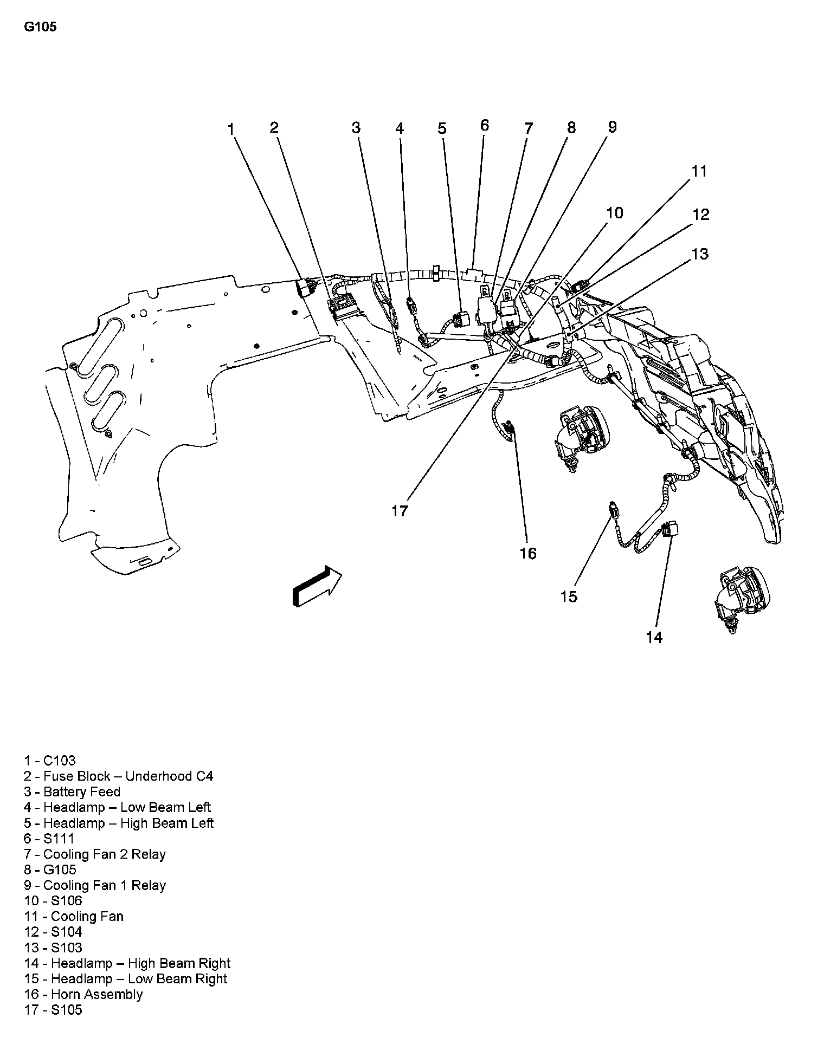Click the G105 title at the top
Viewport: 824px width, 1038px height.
pos(40,27)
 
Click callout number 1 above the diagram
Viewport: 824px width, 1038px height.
pos(231,129)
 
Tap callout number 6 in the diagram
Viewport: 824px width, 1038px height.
pos(484,125)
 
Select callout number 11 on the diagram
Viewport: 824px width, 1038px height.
pos(699,171)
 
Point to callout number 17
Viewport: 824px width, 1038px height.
pos(400,511)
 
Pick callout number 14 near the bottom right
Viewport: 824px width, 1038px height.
pos(654,638)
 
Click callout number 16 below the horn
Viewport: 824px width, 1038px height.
pos(528,553)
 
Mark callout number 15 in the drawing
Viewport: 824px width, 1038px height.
pos(569,596)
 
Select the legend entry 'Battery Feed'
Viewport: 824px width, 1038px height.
pos(72,792)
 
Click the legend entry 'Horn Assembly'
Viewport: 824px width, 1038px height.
pos(83,994)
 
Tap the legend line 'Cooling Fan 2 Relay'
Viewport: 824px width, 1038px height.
pos(95,854)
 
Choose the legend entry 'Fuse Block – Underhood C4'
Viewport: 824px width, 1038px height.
pos(119,776)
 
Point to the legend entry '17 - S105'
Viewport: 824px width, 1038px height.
pos(53,1010)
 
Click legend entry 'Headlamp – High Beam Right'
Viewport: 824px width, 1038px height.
pos(127,963)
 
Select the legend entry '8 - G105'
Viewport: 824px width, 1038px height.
pos(50,870)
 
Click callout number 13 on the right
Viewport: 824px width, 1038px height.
pos(700,254)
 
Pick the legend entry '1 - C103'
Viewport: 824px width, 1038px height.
pos(50,760)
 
